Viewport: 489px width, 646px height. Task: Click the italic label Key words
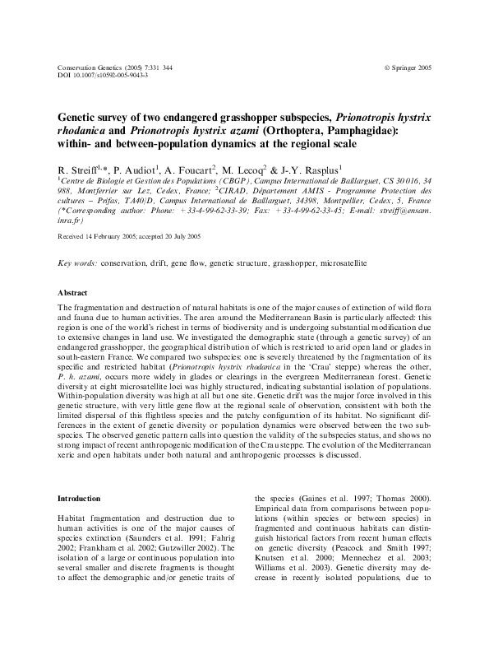click(77, 263)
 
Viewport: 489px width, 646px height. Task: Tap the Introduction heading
click(79, 499)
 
